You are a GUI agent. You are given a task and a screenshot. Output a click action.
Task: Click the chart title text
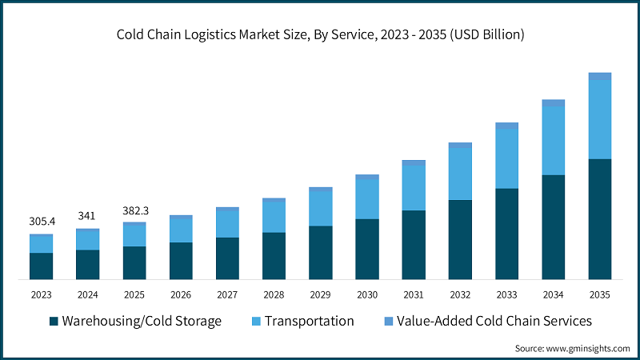coord(320,34)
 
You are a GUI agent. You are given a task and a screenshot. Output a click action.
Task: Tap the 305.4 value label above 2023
coord(41,221)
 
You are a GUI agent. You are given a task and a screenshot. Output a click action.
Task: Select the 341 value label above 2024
coord(87,215)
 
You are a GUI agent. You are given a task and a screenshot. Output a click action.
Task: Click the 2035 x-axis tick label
coord(599,294)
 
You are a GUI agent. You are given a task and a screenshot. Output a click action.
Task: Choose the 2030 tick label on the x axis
coord(367,294)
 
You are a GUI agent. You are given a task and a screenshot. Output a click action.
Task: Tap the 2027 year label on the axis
coord(227,294)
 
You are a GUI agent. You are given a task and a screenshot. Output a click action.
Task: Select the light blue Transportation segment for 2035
coord(599,119)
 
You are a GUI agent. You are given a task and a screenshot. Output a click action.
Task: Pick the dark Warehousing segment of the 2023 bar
coord(41,266)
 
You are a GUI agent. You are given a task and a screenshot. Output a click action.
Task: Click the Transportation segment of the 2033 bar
coord(506,158)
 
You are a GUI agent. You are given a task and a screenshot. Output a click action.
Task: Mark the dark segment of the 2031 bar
coord(414,244)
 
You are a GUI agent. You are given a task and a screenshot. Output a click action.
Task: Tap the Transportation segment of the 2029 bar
coord(320,208)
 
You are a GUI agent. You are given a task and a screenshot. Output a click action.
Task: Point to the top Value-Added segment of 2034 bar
coord(553,102)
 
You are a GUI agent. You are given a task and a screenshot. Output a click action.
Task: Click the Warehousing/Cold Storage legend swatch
coord(54,322)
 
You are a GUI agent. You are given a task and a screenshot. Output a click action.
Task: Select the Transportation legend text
coord(309,321)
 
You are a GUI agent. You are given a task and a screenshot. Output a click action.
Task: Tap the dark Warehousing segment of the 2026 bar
coord(181,260)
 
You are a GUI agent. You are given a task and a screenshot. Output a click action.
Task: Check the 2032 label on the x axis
coord(460,294)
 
